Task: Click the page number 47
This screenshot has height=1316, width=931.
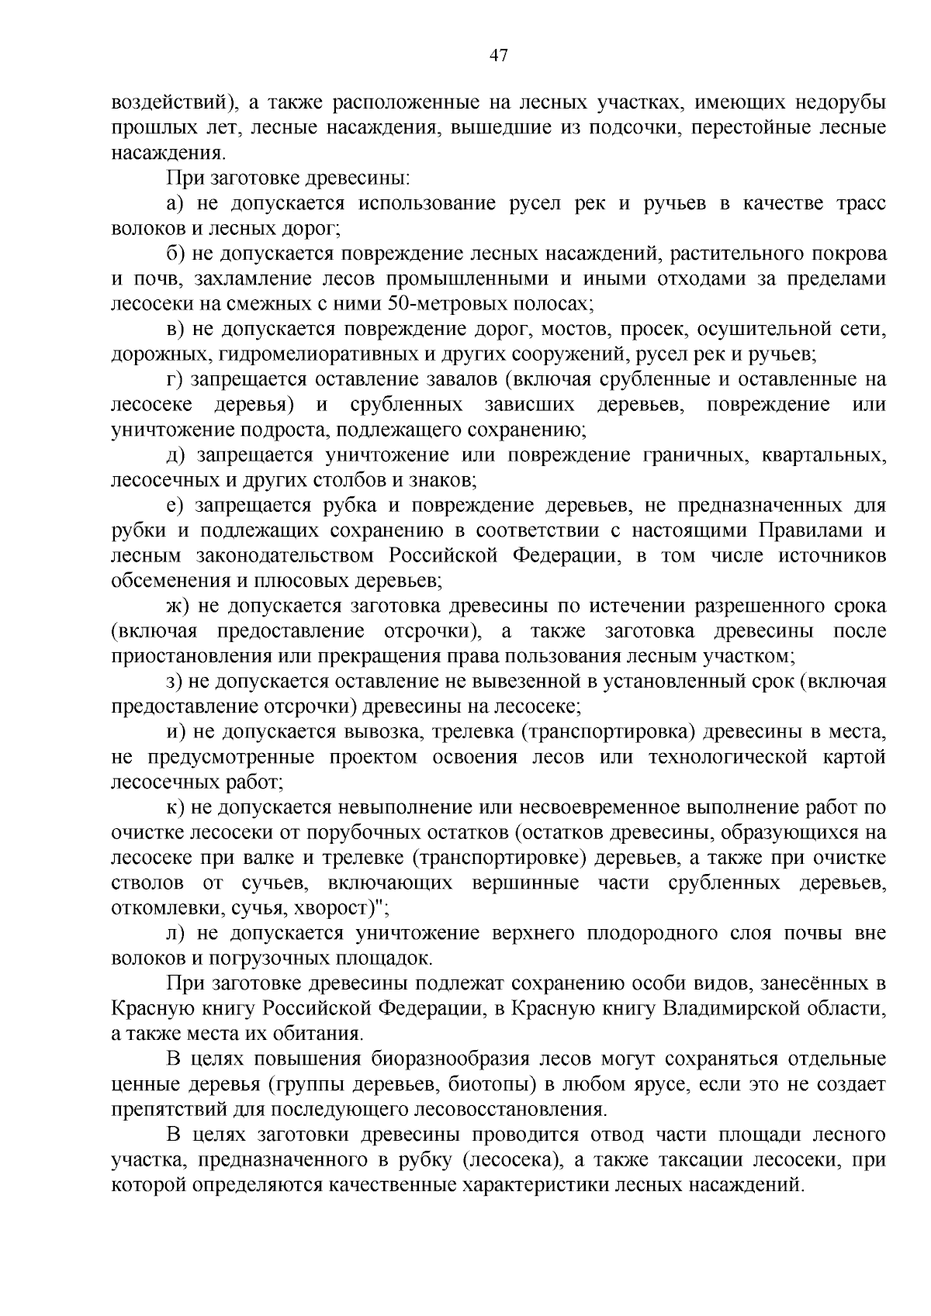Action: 499,55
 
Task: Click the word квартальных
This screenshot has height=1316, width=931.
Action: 824,455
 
